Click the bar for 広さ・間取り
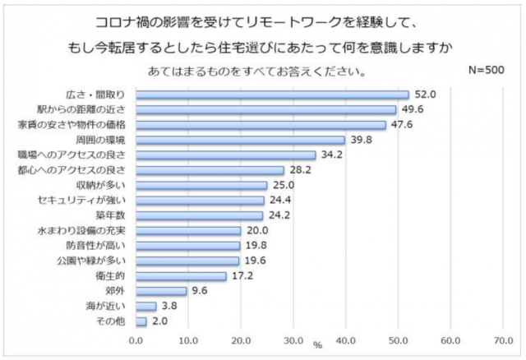[x=271, y=95]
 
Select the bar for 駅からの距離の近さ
[x=265, y=109]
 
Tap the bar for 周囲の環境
[x=239, y=140]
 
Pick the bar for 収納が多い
[x=201, y=185]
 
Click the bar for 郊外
[x=160, y=290]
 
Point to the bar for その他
[x=141, y=321]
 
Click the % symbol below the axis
[x=317, y=345]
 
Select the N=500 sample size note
[x=486, y=70]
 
